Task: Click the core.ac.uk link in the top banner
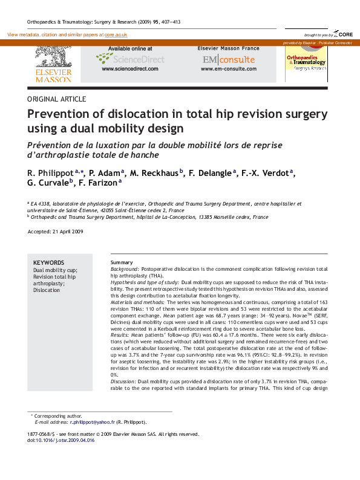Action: [116, 36]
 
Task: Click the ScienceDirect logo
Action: [130, 59]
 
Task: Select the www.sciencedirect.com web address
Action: [129, 70]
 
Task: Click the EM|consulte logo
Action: [229, 60]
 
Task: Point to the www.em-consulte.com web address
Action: [228, 70]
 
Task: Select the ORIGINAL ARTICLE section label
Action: [57, 99]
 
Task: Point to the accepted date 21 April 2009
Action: [67, 232]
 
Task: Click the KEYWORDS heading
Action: [48, 262]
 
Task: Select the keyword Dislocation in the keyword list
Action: [47, 290]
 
